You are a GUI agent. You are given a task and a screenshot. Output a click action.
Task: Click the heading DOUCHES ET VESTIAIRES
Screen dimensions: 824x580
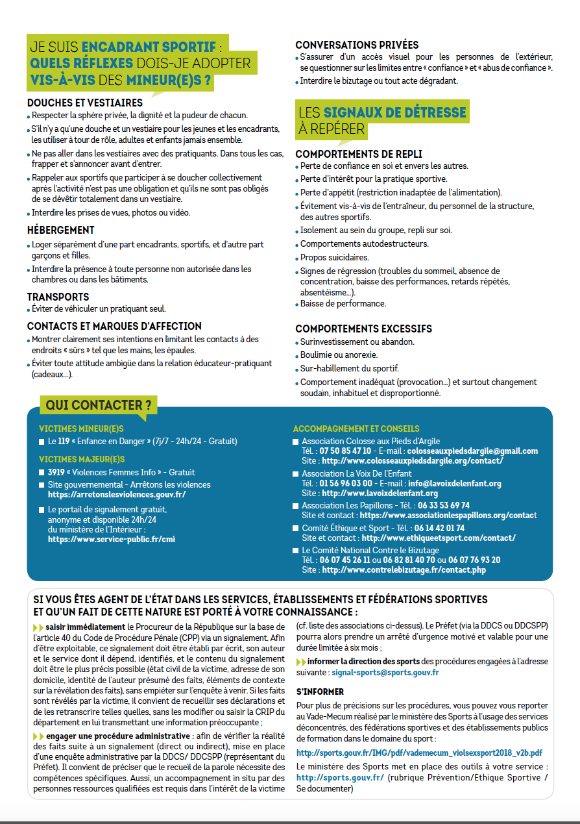[x=85, y=103]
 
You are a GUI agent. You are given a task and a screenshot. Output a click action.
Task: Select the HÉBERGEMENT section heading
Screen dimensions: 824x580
[x=61, y=231]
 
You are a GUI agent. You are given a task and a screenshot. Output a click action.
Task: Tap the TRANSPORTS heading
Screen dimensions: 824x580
[x=58, y=297]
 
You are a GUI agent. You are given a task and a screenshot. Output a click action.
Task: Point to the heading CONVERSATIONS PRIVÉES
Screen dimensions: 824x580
[x=357, y=45]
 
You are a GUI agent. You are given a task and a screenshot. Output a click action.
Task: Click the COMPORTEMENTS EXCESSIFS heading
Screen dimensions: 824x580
[x=363, y=329]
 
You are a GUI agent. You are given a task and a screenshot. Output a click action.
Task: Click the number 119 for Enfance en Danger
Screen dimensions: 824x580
[x=64, y=442]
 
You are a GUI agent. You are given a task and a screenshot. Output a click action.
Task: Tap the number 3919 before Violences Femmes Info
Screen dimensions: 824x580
[x=57, y=473]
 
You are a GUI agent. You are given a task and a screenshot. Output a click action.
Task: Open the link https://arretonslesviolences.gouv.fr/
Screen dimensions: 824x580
[x=117, y=494]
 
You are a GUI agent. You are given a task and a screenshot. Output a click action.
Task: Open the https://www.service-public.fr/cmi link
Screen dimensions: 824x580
[x=112, y=539]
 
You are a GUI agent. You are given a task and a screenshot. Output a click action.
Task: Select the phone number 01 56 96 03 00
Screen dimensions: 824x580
[x=346, y=484]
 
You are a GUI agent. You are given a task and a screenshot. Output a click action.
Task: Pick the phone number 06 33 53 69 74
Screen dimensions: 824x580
[x=444, y=505]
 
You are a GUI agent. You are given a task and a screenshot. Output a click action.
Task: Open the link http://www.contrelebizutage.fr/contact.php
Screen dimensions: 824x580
[x=404, y=570]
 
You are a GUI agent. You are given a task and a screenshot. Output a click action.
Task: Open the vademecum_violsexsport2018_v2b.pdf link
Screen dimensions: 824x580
[x=419, y=753]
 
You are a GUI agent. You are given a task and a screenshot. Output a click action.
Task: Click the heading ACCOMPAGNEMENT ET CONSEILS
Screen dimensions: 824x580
[x=356, y=429]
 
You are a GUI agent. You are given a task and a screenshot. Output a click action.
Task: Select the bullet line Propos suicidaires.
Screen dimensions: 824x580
[x=334, y=258]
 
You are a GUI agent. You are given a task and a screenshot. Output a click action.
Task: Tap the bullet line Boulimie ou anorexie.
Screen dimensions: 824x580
[x=339, y=355]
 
